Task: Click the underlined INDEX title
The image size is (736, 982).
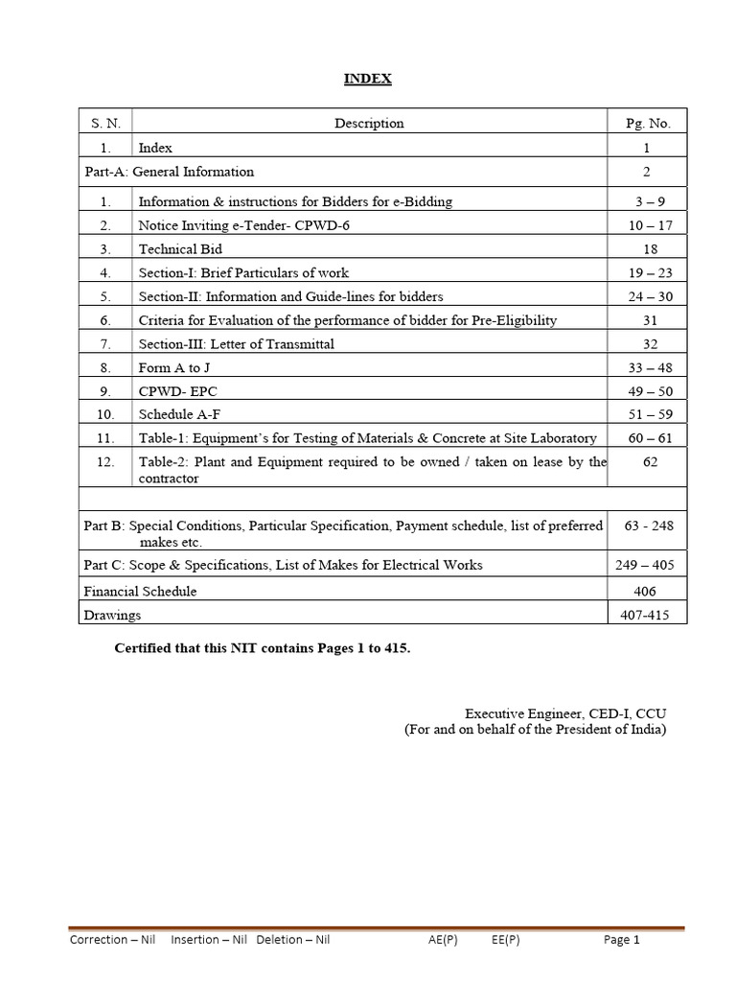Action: pyautogui.click(x=368, y=80)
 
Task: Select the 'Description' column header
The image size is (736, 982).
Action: pyautogui.click(x=369, y=123)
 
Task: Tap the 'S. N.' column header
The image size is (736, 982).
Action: pyautogui.click(x=105, y=123)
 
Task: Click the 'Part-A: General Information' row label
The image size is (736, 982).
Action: pyautogui.click(x=170, y=172)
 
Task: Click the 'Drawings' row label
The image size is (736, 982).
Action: pyautogui.click(x=112, y=615)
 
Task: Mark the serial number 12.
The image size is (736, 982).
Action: pyautogui.click(x=105, y=461)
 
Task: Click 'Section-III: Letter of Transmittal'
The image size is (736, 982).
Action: pyautogui.click(x=237, y=343)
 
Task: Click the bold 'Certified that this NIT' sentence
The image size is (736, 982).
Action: pyautogui.click(x=262, y=648)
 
